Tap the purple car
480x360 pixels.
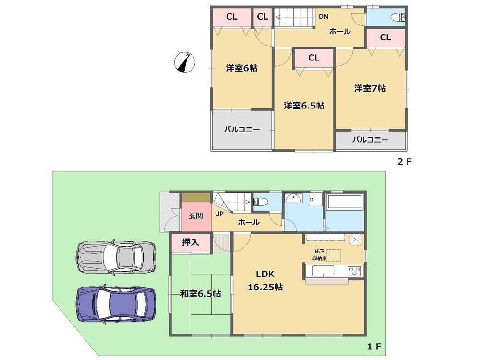(x=116, y=304)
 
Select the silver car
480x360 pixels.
(x=116, y=257)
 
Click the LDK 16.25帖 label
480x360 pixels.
(x=264, y=281)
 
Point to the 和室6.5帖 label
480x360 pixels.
(x=201, y=293)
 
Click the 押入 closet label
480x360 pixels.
(x=191, y=242)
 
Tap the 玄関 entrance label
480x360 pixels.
(x=195, y=216)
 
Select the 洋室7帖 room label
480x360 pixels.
(x=370, y=88)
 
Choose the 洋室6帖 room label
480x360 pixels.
(x=241, y=68)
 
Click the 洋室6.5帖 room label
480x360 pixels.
(x=303, y=105)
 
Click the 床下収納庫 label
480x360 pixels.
(x=321, y=255)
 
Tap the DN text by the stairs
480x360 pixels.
(x=324, y=17)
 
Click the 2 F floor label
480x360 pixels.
(x=404, y=162)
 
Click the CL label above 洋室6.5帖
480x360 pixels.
(x=313, y=58)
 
